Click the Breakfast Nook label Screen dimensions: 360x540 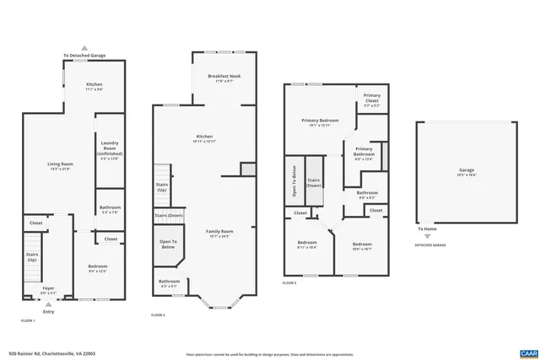[x=220, y=78]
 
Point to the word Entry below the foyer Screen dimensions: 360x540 [x=48, y=310]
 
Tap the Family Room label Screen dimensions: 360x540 [x=220, y=232]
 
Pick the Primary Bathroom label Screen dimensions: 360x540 [x=364, y=152]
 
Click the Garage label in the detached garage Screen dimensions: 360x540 [x=467, y=171]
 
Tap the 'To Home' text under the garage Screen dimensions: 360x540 [x=428, y=228]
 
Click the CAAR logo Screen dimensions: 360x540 [x=528, y=352]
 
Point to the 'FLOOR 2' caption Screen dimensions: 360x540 [x=159, y=314]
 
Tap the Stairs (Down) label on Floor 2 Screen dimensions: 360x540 [x=169, y=216]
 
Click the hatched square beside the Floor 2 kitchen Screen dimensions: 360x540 [x=247, y=170]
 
